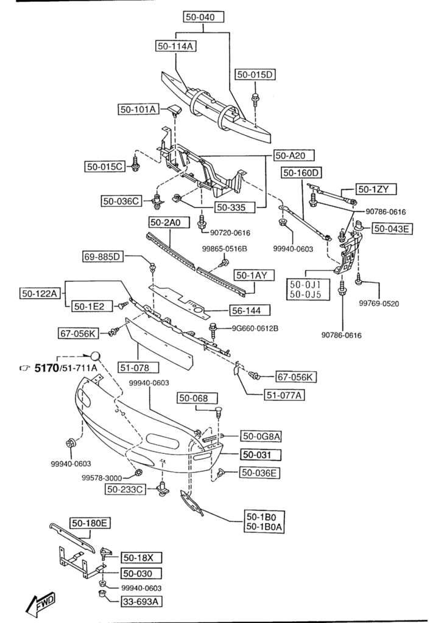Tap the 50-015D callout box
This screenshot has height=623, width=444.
(256, 75)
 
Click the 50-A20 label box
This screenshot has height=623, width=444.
(289, 155)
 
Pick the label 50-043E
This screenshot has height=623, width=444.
(392, 229)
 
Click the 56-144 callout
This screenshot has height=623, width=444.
(245, 310)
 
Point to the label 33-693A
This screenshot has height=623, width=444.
(141, 602)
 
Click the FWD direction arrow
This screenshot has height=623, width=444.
(41, 604)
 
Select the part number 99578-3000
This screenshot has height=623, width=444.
(102, 478)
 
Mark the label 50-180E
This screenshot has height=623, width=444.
(90, 523)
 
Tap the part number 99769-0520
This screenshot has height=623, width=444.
(378, 303)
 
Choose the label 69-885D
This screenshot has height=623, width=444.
(102, 257)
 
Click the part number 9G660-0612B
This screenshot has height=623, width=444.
(255, 329)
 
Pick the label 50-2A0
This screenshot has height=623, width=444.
(166, 223)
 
